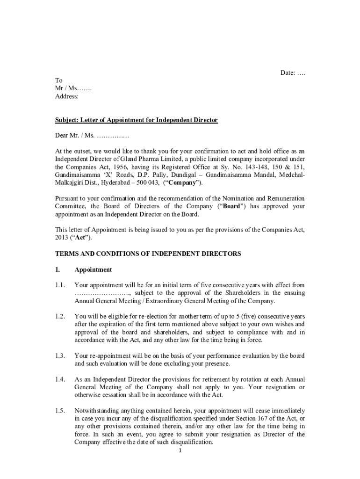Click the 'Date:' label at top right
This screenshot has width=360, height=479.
(288, 73)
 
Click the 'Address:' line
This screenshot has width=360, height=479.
(67, 96)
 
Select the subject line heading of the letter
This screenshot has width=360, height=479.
(137, 120)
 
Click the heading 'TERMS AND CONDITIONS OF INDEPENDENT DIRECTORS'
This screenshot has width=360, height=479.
(148, 254)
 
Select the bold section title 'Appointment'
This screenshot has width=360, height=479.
(93, 269)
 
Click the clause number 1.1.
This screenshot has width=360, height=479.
(60, 285)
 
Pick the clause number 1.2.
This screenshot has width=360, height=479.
(60, 317)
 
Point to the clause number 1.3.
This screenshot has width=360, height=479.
(60, 356)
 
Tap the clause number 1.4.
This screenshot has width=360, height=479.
(60, 379)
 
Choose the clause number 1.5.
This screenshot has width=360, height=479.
(60, 411)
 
